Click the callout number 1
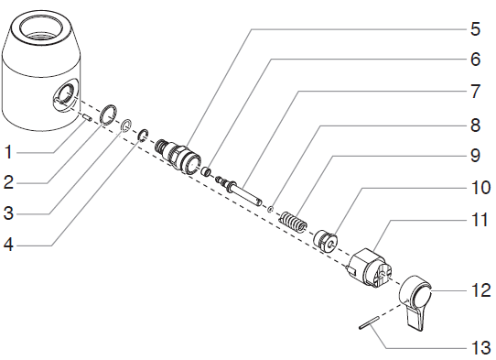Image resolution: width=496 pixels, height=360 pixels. point(8,152)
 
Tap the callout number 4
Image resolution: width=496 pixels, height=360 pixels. point(8,245)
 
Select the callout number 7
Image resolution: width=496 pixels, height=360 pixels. point(476,92)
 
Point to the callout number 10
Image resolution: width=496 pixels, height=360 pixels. point(481,187)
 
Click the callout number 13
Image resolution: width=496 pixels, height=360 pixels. point(481,348)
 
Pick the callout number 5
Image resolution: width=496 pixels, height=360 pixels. point(476,29)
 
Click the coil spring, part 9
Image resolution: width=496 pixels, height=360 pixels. point(293,221)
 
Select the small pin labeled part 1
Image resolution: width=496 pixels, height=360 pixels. point(87,118)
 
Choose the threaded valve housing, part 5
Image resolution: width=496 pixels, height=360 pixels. point(178,156)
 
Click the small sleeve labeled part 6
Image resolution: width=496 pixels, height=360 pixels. point(207,171)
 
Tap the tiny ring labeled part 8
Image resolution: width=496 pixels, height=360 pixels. point(270,209)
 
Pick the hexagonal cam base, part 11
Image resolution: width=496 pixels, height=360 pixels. point(370,267)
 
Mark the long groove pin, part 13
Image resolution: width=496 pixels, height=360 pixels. point(369,322)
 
